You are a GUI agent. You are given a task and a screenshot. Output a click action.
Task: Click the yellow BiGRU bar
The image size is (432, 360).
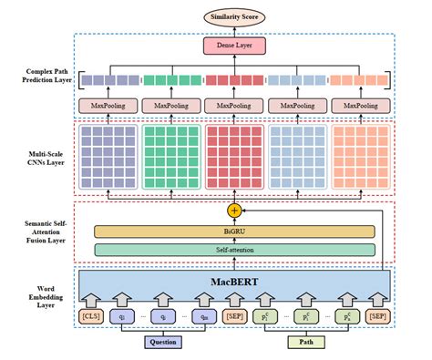[x=234, y=231]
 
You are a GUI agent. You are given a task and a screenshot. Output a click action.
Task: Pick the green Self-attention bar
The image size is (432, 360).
[x=234, y=249]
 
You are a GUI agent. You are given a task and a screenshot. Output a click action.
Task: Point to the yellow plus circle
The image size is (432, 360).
[x=233, y=211]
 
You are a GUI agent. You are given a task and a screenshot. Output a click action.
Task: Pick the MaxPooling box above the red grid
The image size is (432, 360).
[x=233, y=108]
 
